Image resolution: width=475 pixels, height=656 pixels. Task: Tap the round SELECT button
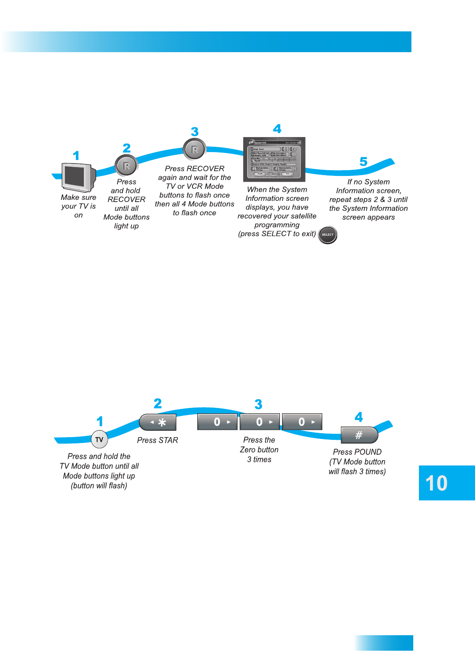click(328, 235)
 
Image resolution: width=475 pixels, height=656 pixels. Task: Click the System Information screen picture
click(274, 159)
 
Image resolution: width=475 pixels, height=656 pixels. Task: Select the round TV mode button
click(99, 439)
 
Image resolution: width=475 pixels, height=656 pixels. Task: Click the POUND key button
click(359, 435)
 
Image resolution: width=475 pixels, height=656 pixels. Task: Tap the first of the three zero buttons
click(217, 422)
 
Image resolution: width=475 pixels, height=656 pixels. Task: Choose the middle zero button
click(260, 422)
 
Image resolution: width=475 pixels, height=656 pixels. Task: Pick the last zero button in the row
click(302, 422)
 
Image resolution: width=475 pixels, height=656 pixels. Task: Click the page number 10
click(437, 483)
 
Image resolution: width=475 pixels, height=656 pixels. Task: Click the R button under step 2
click(126, 166)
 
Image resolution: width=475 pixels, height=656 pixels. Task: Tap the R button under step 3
click(194, 149)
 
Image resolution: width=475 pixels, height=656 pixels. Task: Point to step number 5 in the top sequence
click(363, 161)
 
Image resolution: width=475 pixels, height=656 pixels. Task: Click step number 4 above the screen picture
click(277, 129)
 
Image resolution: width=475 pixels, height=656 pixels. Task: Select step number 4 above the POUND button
click(359, 417)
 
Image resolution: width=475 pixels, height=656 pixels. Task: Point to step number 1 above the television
click(76, 156)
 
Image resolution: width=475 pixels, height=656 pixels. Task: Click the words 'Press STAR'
click(158, 440)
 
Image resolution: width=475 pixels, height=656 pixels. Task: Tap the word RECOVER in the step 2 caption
click(126, 199)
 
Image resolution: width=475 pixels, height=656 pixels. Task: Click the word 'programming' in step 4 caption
click(277, 225)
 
